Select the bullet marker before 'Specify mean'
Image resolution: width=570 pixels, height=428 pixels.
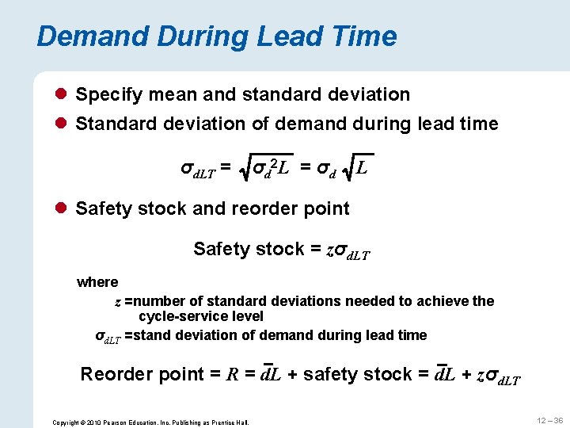(63, 95)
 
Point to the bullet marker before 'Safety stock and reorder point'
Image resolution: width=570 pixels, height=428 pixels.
(63, 209)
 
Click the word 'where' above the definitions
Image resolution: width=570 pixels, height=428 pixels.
(97, 282)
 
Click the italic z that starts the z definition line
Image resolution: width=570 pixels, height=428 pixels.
(118, 302)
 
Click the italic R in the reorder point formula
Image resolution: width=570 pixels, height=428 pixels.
(234, 374)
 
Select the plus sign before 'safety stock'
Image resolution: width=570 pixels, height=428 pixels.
(292, 374)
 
